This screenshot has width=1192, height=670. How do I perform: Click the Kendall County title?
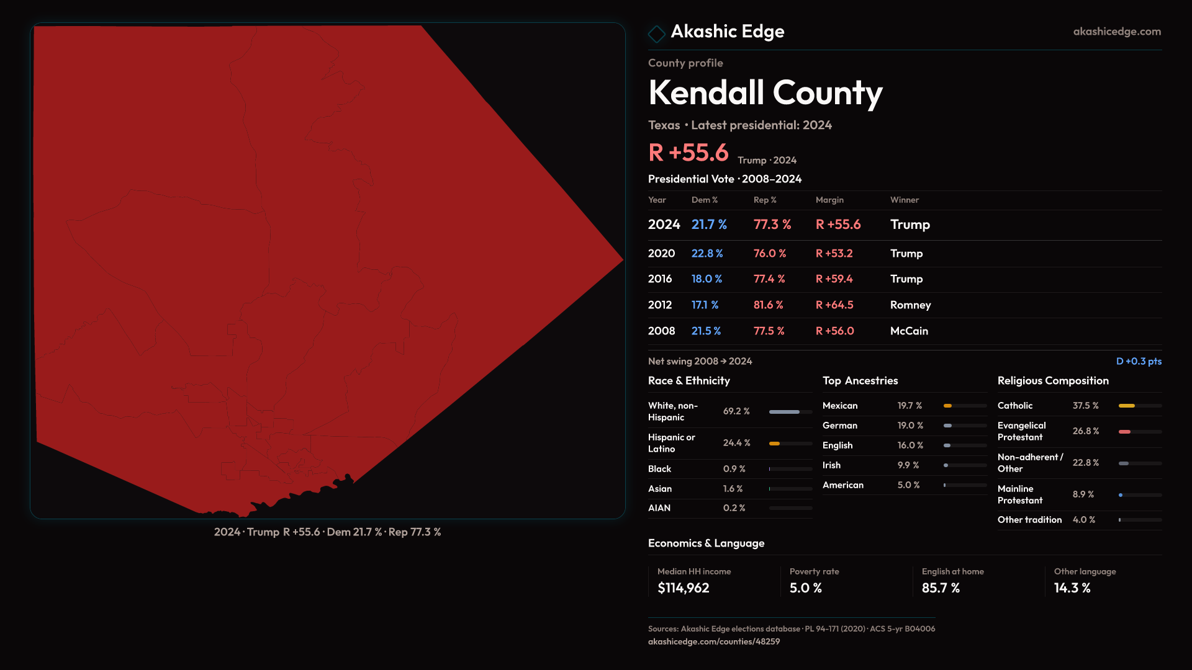pyautogui.click(x=765, y=93)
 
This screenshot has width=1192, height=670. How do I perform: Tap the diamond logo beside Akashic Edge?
pyautogui.click(x=656, y=33)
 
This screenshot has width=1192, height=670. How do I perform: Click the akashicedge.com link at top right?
pyautogui.click(x=1116, y=32)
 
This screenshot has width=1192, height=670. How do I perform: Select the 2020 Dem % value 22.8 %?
pyautogui.click(x=707, y=254)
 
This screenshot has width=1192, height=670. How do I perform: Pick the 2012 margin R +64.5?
pyautogui.click(x=834, y=305)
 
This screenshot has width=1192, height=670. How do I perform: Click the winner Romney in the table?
pyautogui.click(x=910, y=305)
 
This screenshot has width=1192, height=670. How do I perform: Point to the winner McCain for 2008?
pyautogui.click(x=909, y=331)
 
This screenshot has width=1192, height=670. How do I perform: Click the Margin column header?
pyautogui.click(x=829, y=200)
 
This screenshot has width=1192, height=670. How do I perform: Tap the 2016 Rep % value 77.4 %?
pyautogui.click(x=769, y=279)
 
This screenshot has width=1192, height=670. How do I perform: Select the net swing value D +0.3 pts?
pyautogui.click(x=1139, y=362)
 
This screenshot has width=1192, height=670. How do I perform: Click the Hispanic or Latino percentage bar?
pyautogui.click(x=790, y=444)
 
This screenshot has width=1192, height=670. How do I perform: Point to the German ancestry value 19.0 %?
pyautogui.click(x=910, y=426)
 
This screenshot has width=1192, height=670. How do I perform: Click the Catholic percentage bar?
pyautogui.click(x=1139, y=406)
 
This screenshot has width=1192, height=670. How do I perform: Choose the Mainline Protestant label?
pyautogui.click(x=1020, y=494)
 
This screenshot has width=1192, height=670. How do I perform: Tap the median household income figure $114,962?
pyautogui.click(x=683, y=588)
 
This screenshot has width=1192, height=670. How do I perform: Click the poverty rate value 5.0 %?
pyautogui.click(x=805, y=588)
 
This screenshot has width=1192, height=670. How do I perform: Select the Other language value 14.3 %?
pyautogui.click(x=1072, y=588)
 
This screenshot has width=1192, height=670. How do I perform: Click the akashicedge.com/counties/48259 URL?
pyautogui.click(x=714, y=642)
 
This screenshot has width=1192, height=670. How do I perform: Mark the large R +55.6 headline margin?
pyautogui.click(x=688, y=153)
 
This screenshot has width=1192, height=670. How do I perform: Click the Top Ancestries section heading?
pyautogui.click(x=860, y=381)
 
